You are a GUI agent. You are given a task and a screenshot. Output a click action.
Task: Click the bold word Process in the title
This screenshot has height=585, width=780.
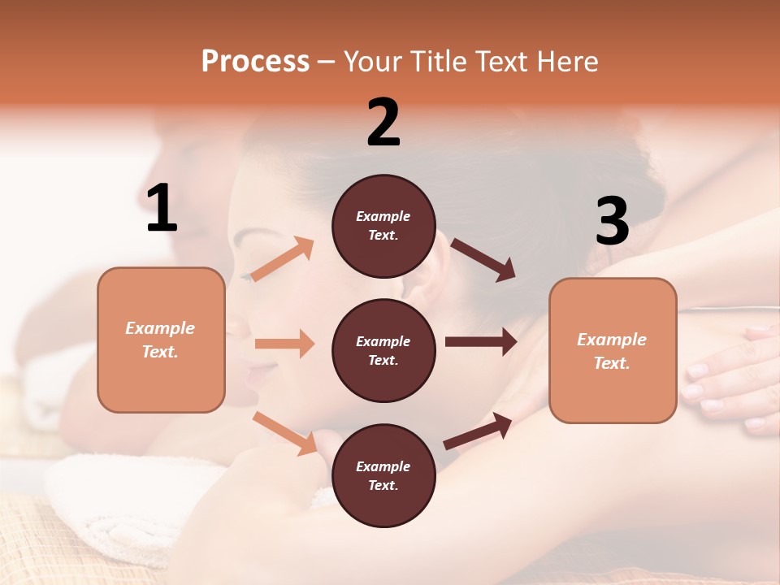255,62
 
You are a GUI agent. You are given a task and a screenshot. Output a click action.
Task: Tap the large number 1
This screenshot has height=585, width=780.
162,208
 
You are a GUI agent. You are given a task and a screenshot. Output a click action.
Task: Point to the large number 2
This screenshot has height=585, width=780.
383,123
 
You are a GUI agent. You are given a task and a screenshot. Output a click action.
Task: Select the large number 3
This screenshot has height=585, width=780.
613,221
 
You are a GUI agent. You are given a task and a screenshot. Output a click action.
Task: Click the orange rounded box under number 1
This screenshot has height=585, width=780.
161,340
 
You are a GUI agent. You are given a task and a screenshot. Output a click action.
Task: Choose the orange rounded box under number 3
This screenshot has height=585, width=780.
613,350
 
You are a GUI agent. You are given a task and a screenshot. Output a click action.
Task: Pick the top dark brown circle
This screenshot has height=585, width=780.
383,226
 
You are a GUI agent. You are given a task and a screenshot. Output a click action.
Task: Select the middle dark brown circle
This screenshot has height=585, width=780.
383,350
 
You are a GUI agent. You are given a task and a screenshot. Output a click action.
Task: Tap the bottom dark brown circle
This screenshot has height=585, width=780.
383,475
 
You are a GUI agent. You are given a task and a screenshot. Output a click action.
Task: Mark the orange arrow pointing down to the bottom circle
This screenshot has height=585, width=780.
284,433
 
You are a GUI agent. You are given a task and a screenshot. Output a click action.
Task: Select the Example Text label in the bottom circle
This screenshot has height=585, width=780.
383,475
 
